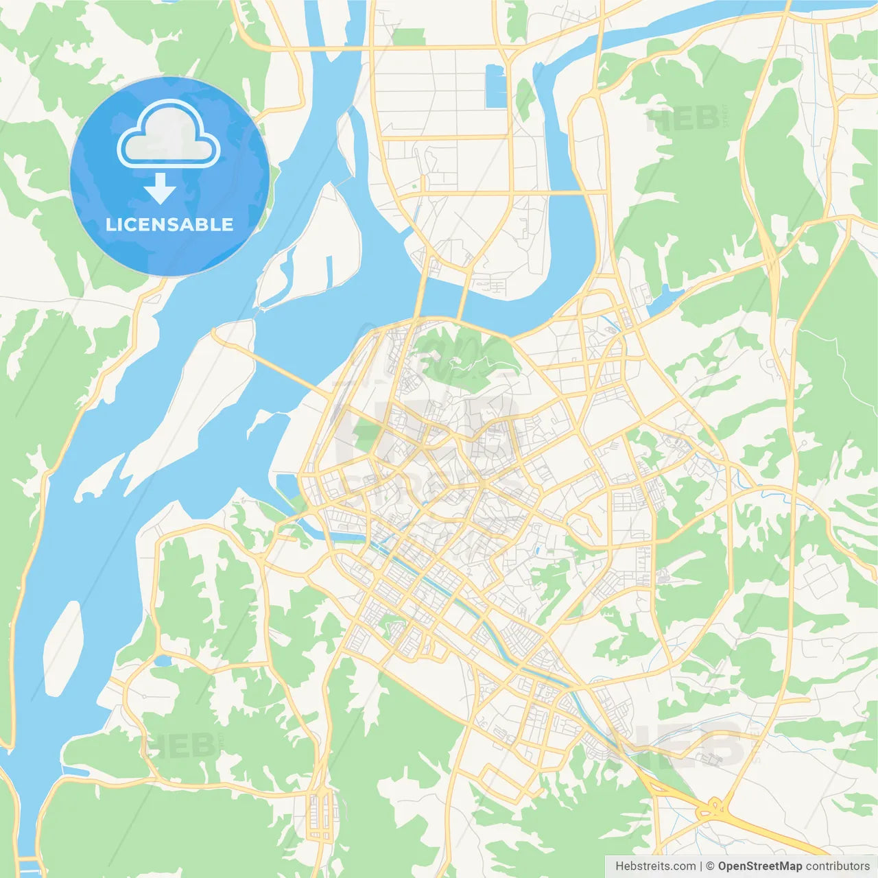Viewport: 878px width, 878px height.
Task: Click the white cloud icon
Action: coord(169,134)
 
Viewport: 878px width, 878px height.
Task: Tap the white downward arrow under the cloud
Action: coord(160,189)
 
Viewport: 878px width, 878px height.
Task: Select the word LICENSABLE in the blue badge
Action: coord(169,224)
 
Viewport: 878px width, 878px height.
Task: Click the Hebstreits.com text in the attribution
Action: coord(655,866)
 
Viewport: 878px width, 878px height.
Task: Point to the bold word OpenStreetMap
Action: coord(760,866)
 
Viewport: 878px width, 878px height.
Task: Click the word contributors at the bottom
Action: coord(838,866)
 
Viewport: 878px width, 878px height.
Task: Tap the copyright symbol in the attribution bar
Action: coord(710,866)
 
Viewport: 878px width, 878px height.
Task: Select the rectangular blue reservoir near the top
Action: coord(495,86)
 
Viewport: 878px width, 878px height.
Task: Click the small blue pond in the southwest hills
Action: coord(163,661)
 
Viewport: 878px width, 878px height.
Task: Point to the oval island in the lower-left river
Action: coord(64,648)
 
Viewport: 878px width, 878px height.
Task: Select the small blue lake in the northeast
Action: coord(661,302)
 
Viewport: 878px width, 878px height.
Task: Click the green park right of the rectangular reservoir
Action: coord(525,99)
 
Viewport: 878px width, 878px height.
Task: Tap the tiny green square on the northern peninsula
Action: coord(414,185)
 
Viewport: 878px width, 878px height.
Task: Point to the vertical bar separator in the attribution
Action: coord(701,866)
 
